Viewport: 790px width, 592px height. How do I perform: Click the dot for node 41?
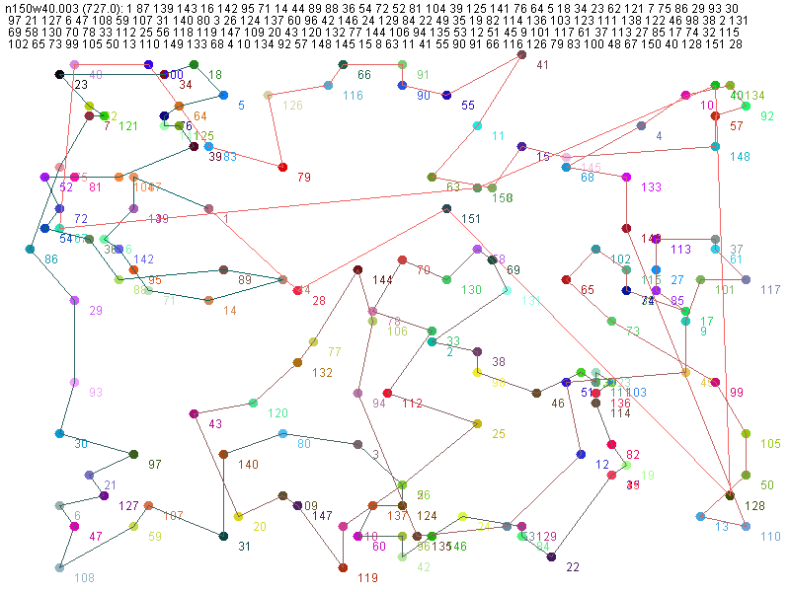(x=521, y=55)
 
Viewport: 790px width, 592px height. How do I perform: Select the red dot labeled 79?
(x=283, y=168)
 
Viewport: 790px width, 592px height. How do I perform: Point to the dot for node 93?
(x=74, y=382)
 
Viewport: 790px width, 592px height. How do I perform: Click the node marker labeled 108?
(x=59, y=567)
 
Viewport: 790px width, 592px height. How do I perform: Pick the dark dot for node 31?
(x=224, y=536)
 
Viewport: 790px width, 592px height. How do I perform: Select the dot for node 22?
(x=551, y=557)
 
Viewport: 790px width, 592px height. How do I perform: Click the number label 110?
(x=770, y=536)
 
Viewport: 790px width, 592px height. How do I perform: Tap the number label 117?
(x=771, y=289)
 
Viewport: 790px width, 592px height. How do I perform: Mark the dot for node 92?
(x=747, y=106)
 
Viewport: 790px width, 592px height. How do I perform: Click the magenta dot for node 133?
(x=626, y=177)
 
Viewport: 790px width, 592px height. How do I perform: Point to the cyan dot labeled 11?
(x=477, y=125)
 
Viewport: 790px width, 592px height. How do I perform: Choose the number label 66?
(x=364, y=75)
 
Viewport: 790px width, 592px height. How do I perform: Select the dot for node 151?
(x=446, y=208)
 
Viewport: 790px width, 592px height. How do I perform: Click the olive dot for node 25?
(x=477, y=423)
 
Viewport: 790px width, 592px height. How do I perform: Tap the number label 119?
(x=367, y=577)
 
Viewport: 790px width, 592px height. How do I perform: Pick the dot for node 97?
(x=133, y=454)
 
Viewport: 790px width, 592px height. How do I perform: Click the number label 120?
(x=277, y=412)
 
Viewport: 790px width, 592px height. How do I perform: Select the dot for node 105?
(x=746, y=434)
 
